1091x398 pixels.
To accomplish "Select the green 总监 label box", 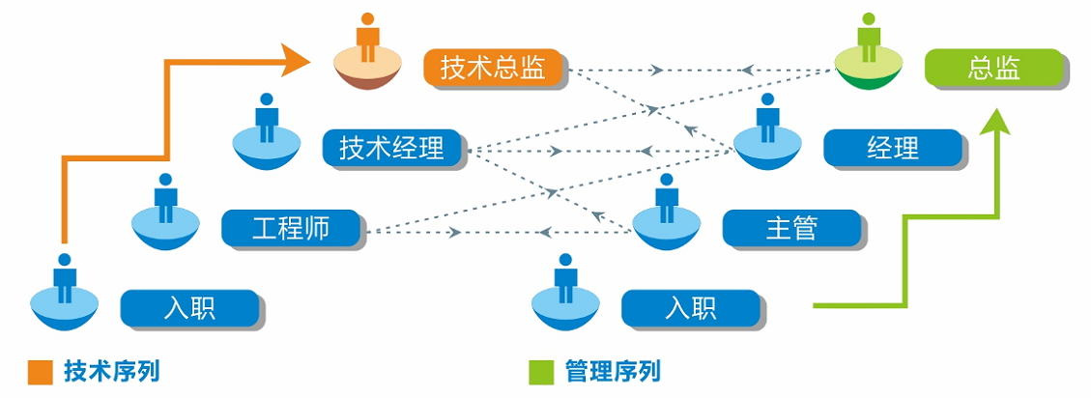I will (x=994, y=68).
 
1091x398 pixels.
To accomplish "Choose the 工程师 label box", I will (x=291, y=228).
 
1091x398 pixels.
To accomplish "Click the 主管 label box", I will (x=791, y=228).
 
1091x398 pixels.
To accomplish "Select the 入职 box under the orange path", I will (x=189, y=308).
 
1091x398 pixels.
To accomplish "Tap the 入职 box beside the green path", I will (x=691, y=308).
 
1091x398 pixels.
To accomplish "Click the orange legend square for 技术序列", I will (x=40, y=372).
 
